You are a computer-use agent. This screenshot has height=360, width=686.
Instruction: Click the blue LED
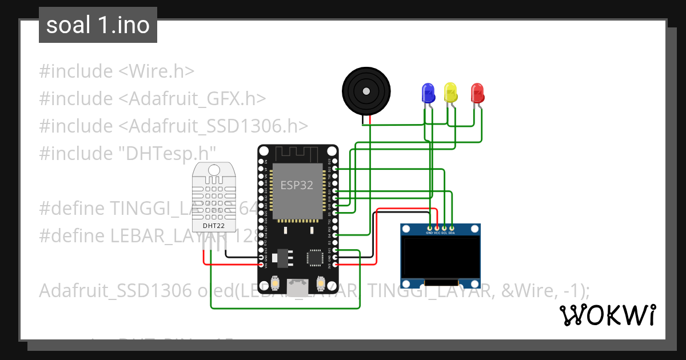pos(428,93)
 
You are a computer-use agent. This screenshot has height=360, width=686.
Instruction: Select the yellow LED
pos(451,93)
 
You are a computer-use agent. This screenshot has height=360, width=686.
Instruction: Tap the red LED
pos(477,93)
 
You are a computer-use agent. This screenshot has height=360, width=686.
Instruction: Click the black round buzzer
pos(366,90)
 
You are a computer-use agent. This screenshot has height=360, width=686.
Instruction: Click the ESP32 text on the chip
pos(297,185)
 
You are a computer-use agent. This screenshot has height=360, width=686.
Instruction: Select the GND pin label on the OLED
pos(429,233)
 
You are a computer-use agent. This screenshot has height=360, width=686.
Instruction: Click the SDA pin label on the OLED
pos(452,233)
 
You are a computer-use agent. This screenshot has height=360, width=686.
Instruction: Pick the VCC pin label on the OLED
pos(437,233)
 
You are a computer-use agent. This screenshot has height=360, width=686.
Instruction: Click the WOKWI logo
pos(607,315)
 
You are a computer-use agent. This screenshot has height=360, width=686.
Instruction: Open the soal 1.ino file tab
pos(98,25)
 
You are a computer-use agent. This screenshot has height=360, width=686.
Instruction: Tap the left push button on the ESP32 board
pos(275,283)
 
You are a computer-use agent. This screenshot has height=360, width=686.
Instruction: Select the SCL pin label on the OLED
pos(444,233)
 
